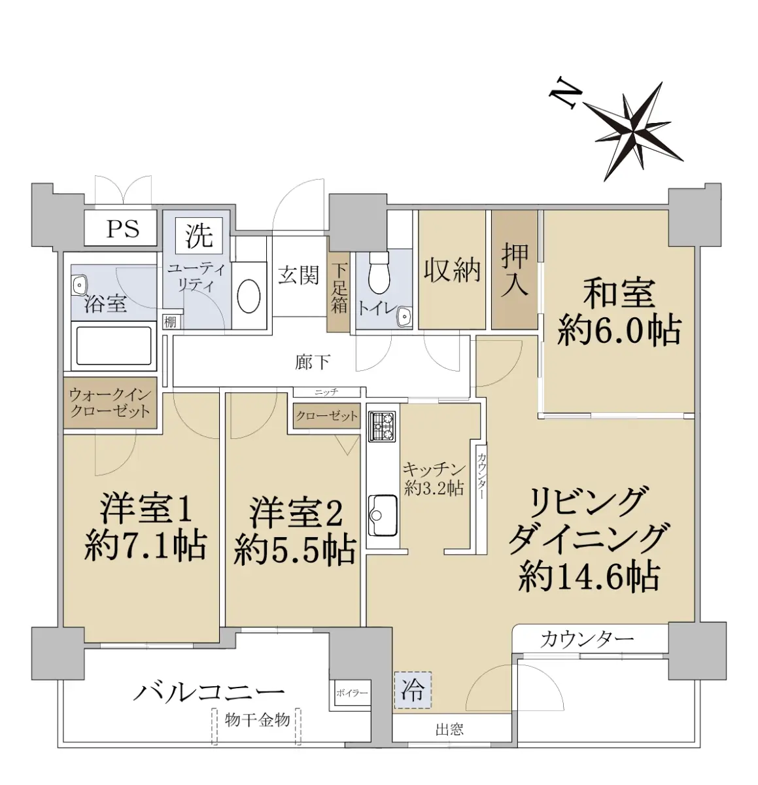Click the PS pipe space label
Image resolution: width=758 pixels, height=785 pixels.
coord(122,229)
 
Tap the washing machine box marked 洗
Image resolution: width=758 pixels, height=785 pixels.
coord(199,235)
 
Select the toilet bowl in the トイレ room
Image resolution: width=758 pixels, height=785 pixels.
coord(379,273)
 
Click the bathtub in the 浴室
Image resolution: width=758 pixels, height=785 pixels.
coord(114,346)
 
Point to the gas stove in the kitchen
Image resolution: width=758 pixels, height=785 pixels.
coord(381,426)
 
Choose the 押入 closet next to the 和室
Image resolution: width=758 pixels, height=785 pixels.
coord(515,270)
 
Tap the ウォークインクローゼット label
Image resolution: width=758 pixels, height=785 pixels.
coord(110,403)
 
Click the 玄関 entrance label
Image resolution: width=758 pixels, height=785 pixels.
coord(298,275)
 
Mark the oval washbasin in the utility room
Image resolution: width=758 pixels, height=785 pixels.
coord(249,295)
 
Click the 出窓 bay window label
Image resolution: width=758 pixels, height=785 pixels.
coord(449,730)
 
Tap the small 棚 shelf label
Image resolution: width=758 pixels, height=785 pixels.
coord(170,323)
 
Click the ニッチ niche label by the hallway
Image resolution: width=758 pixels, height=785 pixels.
coord(326,392)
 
